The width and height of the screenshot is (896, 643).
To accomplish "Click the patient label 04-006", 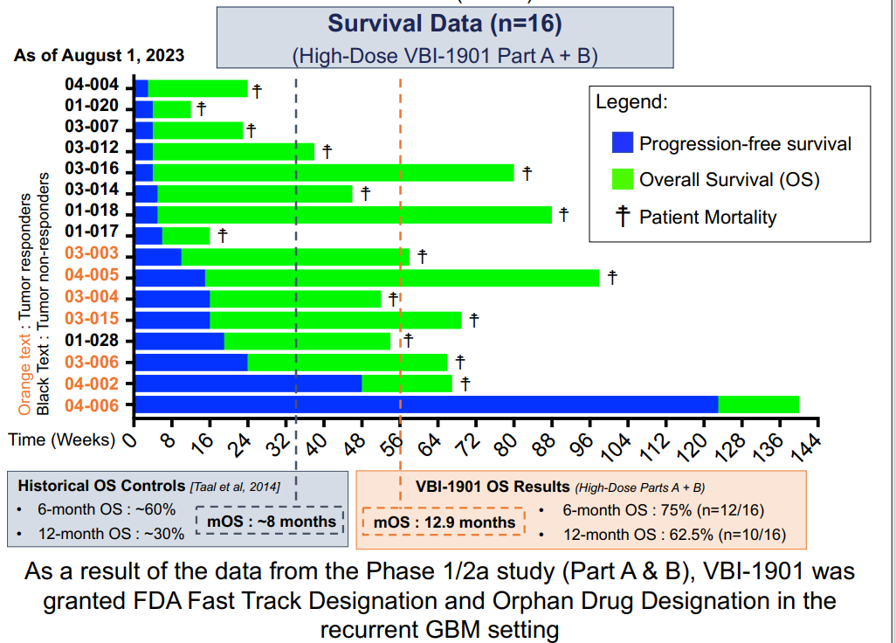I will pos(97,404).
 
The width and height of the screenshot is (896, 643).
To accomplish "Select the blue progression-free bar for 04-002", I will pos(248,384).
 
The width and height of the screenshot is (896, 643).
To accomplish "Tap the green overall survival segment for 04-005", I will pos(402,278).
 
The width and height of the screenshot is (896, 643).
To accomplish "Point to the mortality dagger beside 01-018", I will pos(564,213).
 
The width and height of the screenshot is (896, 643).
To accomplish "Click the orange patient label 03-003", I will pos(97,256).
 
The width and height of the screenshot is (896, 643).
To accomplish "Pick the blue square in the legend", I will pos(622,142).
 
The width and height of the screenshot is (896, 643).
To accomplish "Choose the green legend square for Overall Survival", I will pos(622,179).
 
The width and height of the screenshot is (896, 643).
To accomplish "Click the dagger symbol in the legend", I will pos(623,217).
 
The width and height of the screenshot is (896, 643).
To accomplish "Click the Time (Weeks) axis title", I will pos(61,439).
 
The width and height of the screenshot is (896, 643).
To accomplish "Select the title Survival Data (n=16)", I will pos(445,24).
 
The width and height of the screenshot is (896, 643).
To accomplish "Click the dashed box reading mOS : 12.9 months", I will pos(445,522).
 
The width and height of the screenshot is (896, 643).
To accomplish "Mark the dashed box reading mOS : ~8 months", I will pos(271,522).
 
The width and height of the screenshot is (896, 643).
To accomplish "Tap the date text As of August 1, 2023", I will pos(99,55).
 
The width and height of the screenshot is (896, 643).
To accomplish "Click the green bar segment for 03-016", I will pos(334,172).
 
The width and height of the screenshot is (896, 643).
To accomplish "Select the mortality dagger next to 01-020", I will pos(201,108).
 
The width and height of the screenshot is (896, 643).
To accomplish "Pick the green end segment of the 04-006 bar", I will pos(758,404).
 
